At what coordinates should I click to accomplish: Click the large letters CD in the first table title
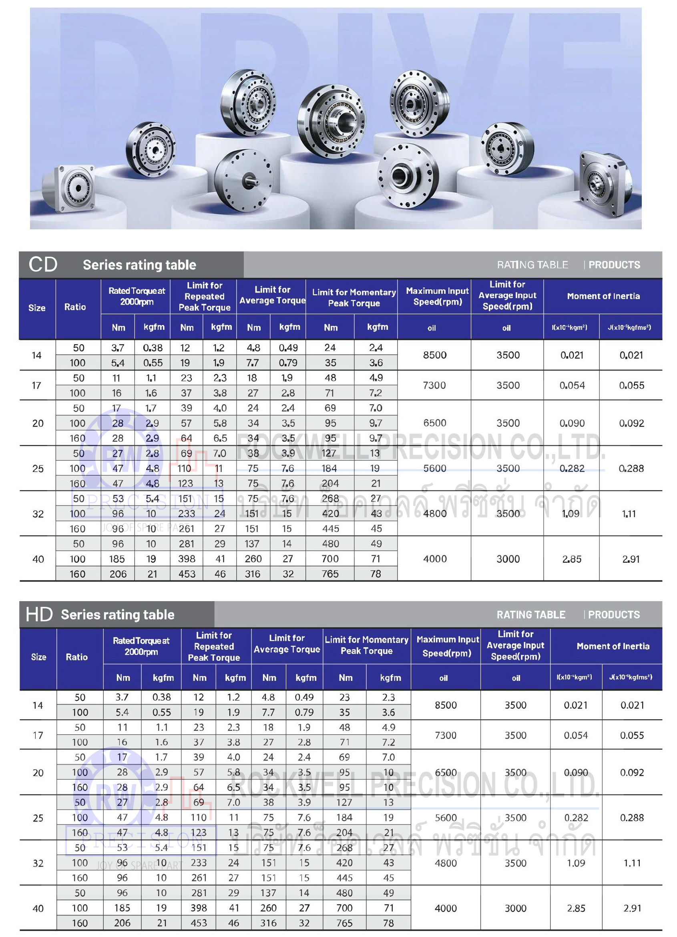42,265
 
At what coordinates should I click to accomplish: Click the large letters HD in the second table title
39,614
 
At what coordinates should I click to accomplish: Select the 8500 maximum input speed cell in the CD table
434,355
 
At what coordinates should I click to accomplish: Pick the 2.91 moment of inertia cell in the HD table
632,908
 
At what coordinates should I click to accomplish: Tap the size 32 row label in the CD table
38,514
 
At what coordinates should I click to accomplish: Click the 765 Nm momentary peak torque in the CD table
330,574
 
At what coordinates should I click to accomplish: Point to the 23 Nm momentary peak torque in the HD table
344,697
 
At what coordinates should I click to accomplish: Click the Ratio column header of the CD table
75,307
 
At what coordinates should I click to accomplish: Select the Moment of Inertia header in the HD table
613,646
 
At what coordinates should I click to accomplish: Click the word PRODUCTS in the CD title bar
614,265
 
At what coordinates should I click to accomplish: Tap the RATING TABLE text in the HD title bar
531,615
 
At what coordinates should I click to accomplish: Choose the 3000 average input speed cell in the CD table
508,559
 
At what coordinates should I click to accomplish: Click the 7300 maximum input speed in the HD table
446,735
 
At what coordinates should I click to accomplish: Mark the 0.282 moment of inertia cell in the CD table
572,468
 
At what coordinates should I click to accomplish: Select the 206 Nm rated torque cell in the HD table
122,923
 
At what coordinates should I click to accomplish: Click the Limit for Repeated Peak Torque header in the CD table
204,296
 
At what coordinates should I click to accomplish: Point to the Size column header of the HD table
38,657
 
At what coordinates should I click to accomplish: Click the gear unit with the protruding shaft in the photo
244,180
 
